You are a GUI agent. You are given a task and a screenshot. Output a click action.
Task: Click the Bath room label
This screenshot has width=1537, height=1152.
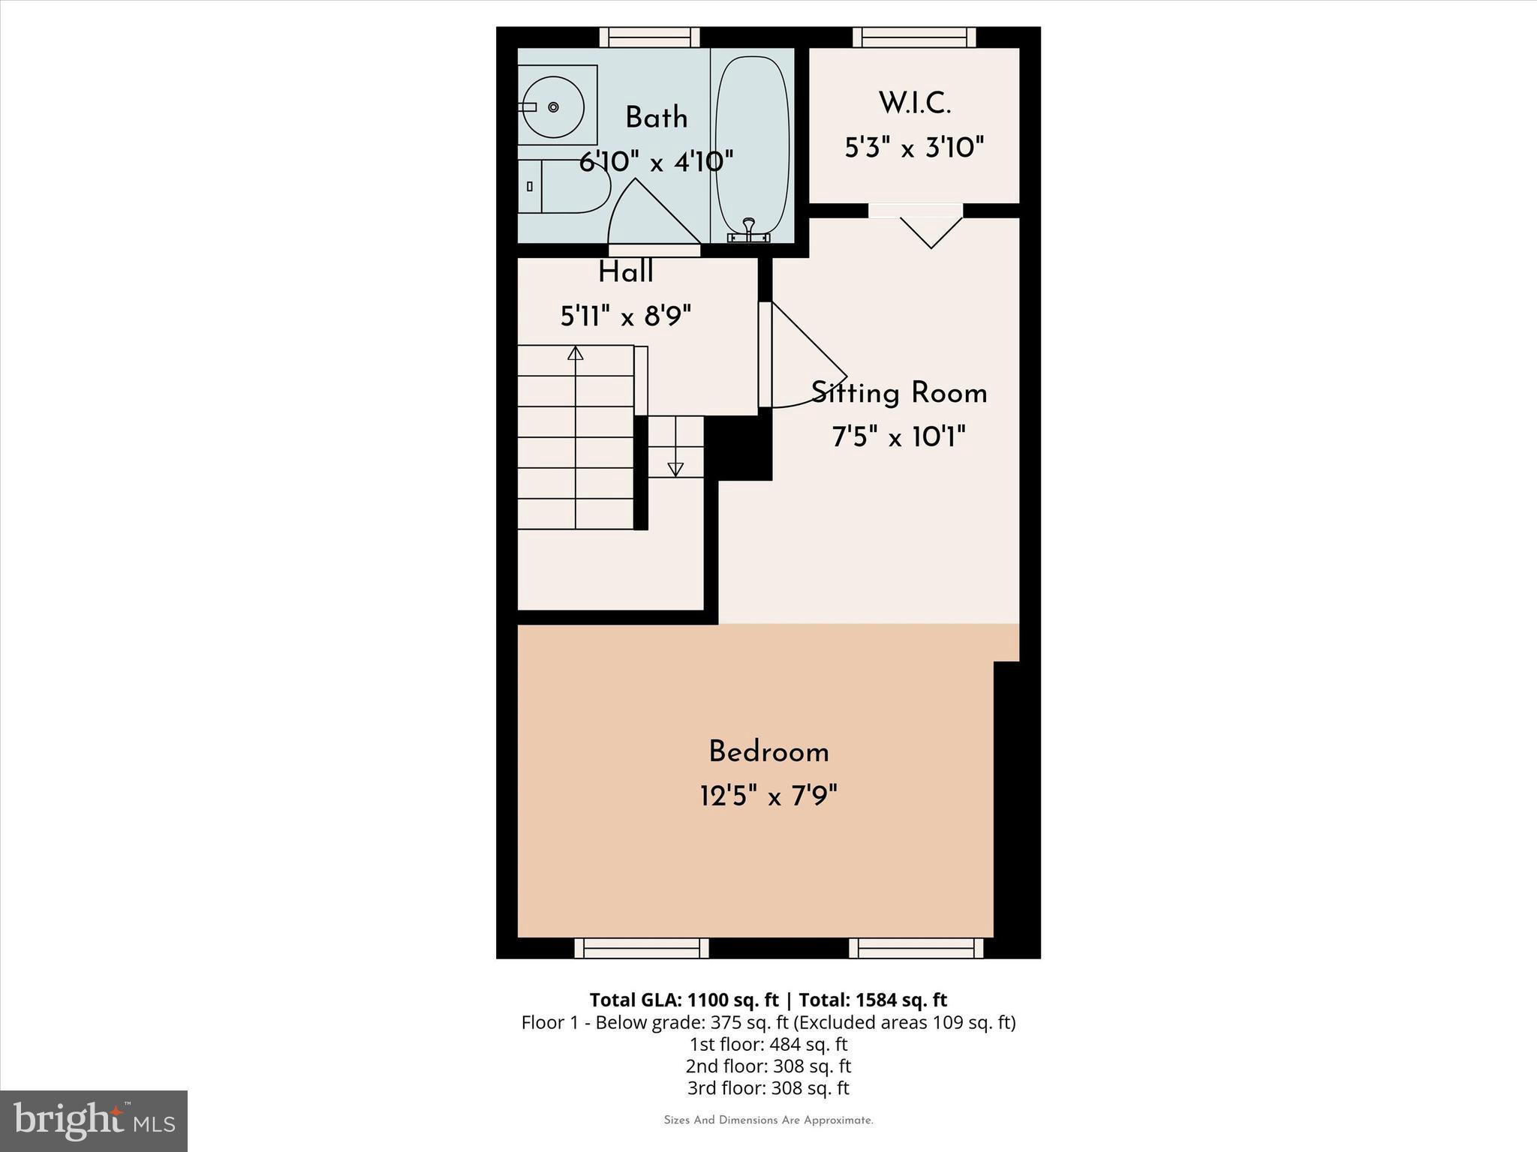click(x=656, y=118)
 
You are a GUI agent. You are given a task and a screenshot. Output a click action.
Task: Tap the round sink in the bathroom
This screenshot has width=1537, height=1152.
click(x=553, y=106)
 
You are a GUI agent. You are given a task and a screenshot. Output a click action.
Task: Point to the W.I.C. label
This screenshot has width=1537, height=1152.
click(x=914, y=103)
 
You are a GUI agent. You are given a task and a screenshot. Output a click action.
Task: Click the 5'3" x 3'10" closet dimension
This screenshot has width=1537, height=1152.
click(x=914, y=148)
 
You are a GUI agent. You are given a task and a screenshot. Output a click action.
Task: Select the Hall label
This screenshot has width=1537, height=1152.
click(x=625, y=272)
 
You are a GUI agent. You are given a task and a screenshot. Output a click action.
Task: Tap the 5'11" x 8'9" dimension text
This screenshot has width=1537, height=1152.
click(x=625, y=316)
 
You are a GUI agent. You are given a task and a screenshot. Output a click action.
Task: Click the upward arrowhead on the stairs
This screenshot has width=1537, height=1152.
click(x=576, y=352)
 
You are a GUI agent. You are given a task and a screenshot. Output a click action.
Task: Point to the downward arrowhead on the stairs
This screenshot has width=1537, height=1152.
click(x=675, y=469)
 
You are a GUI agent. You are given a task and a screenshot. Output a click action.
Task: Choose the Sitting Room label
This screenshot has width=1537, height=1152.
click(x=899, y=393)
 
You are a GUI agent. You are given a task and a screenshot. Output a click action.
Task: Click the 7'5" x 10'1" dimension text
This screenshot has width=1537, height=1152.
click(x=899, y=436)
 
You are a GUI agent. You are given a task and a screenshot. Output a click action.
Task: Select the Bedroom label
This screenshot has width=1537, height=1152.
click(x=768, y=752)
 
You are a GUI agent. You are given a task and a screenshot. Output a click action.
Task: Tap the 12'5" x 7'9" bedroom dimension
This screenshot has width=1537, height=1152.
click(x=768, y=796)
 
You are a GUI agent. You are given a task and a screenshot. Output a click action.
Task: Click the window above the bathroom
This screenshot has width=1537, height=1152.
click(x=649, y=37)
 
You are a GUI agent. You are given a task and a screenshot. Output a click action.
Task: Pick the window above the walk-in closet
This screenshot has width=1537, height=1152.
click(x=914, y=37)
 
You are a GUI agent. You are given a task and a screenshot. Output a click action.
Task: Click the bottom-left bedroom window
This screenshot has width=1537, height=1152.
click(x=642, y=949)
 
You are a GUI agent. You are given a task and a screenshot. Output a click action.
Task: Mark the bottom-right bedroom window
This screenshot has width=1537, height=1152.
click(x=916, y=949)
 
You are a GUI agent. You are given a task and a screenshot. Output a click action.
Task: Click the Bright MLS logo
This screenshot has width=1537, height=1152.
click(x=94, y=1121)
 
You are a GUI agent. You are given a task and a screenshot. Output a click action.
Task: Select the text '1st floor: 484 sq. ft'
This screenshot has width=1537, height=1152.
click(x=768, y=1044)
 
